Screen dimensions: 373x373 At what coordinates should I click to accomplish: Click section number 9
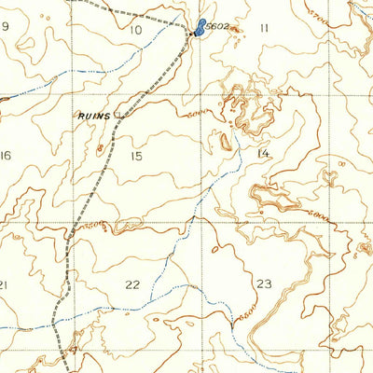pyautogui.click(x=5, y=26)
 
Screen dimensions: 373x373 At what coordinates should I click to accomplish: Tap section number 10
pyautogui.click(x=135, y=30)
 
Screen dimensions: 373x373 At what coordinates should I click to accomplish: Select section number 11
pyautogui.click(x=264, y=28)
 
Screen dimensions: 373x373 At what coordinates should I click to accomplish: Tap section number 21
pyautogui.click(x=4, y=284)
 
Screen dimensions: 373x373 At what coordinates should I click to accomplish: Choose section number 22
pyautogui.click(x=133, y=284)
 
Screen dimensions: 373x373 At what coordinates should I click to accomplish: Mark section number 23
pyautogui.click(x=264, y=283)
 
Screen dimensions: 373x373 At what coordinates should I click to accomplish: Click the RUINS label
pyautogui.click(x=94, y=116)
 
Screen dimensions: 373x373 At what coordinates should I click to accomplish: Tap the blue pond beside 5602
pyautogui.click(x=200, y=27)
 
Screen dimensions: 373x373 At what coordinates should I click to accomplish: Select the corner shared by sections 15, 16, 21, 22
pyautogui.click(x=71, y=223)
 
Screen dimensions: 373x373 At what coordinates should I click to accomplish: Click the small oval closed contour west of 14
pyautogui.click(x=226, y=142)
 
